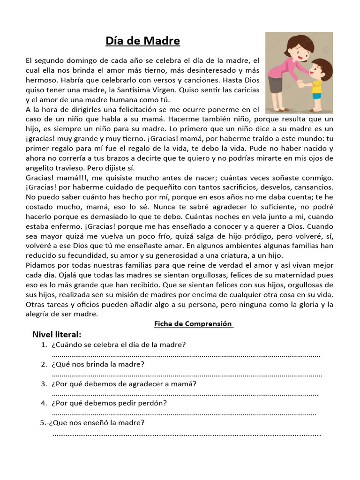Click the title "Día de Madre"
142,41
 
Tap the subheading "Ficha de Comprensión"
194,323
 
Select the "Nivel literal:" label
57,334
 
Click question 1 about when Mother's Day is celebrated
119,345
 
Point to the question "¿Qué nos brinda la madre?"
98,364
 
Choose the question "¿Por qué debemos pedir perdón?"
110,403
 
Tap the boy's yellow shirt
318,86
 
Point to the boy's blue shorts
317,96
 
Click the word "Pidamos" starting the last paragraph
41,265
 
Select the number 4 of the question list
44,403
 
